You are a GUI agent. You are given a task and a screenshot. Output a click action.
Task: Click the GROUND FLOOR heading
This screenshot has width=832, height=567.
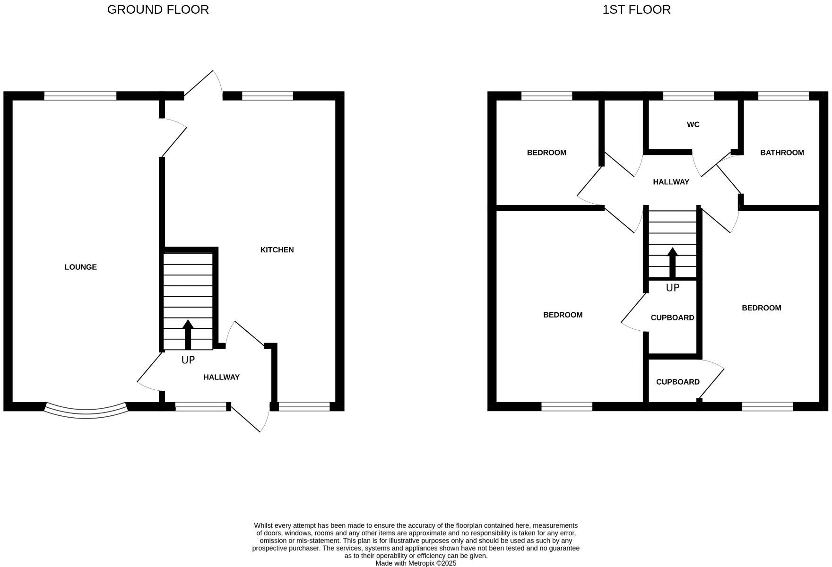point(158,9)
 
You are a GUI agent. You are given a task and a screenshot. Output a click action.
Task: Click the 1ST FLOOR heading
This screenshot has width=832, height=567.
point(636,9)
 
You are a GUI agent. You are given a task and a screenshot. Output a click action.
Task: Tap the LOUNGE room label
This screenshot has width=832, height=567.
point(81,267)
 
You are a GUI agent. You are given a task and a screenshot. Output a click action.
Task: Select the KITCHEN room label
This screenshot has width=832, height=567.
point(277,250)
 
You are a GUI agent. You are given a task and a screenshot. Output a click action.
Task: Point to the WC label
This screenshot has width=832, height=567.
point(693,125)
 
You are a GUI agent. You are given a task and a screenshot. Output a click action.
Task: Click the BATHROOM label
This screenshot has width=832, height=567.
point(782,153)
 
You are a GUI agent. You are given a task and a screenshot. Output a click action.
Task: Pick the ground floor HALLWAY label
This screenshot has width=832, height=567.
point(221,377)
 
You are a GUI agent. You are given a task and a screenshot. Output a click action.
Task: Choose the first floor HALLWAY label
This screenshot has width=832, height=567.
point(671,182)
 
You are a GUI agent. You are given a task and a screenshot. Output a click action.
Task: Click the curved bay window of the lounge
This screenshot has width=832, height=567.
point(86,412)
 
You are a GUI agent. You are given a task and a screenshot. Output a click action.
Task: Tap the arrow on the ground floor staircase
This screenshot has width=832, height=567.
point(188,334)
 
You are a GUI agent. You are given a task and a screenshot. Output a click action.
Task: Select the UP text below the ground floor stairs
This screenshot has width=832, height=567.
point(188,360)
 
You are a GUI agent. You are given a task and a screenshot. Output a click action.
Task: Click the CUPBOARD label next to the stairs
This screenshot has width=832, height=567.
point(672,318)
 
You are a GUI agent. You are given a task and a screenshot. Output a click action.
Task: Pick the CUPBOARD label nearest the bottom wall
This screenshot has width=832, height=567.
point(677,382)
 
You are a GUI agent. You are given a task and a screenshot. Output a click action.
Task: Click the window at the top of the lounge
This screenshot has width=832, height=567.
point(80,96)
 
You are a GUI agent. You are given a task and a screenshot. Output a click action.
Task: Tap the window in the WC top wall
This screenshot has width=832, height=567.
point(688,96)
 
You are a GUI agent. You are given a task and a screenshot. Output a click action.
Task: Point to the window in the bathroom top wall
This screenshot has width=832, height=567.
point(783,96)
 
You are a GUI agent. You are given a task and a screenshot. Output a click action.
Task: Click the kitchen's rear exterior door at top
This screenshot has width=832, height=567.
point(203,85)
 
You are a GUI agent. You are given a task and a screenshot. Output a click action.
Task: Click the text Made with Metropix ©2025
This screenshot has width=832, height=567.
point(416,563)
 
